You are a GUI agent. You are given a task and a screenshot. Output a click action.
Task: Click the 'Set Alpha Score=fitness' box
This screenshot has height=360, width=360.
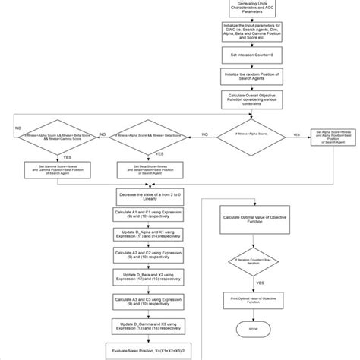click(331, 136)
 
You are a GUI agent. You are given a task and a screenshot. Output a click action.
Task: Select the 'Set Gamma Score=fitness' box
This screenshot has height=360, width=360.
click(47, 168)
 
